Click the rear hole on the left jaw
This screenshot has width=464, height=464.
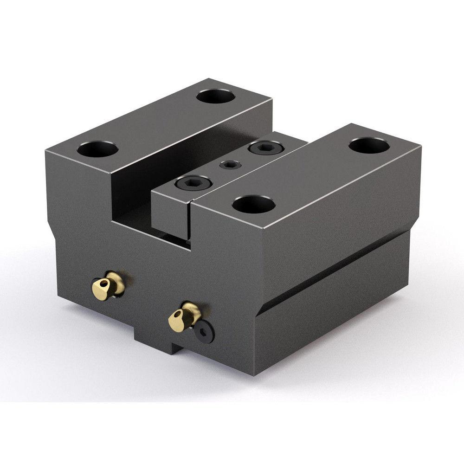tap(215, 97)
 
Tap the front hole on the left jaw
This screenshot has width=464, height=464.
tap(97, 149)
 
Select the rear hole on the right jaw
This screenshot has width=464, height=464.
tap(369, 145)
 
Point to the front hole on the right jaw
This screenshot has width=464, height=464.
tap(254, 204)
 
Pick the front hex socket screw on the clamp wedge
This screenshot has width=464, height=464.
tap(193, 182)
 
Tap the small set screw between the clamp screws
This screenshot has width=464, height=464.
tap(230, 164)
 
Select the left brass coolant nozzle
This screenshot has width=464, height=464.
tap(108, 286)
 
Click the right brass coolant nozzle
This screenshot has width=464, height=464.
tap(184, 317)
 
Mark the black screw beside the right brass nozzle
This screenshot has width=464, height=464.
tap(204, 332)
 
